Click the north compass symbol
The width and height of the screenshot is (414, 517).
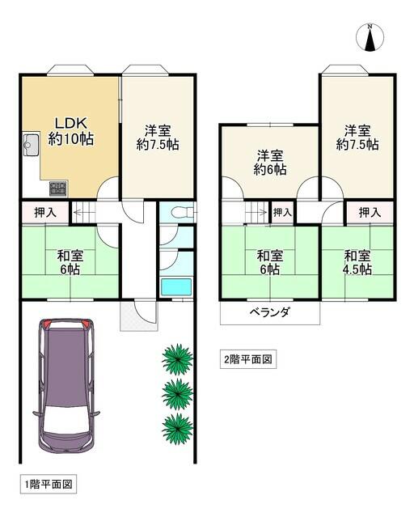(x=370, y=37)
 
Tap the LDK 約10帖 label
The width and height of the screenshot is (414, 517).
(x=71, y=131)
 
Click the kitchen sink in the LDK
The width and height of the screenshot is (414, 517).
(x=31, y=145)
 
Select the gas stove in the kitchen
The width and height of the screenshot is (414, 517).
(x=58, y=189)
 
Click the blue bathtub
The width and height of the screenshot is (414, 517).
(x=176, y=287)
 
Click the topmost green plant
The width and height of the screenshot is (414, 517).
(x=178, y=359)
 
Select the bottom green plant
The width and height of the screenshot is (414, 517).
(x=178, y=429)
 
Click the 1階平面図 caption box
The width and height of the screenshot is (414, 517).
(x=49, y=485)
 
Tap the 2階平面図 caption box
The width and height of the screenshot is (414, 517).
(x=248, y=359)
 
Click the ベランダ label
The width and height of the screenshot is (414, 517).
(x=270, y=311)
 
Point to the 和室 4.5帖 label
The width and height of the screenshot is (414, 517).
(x=357, y=263)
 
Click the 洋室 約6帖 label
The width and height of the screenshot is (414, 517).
(x=270, y=163)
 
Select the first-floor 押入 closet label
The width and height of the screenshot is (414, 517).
(x=45, y=213)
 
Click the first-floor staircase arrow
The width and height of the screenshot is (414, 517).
(x=84, y=212)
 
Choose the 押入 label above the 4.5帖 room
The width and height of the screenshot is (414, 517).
(x=370, y=213)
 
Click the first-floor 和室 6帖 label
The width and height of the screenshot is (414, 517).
(x=70, y=263)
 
